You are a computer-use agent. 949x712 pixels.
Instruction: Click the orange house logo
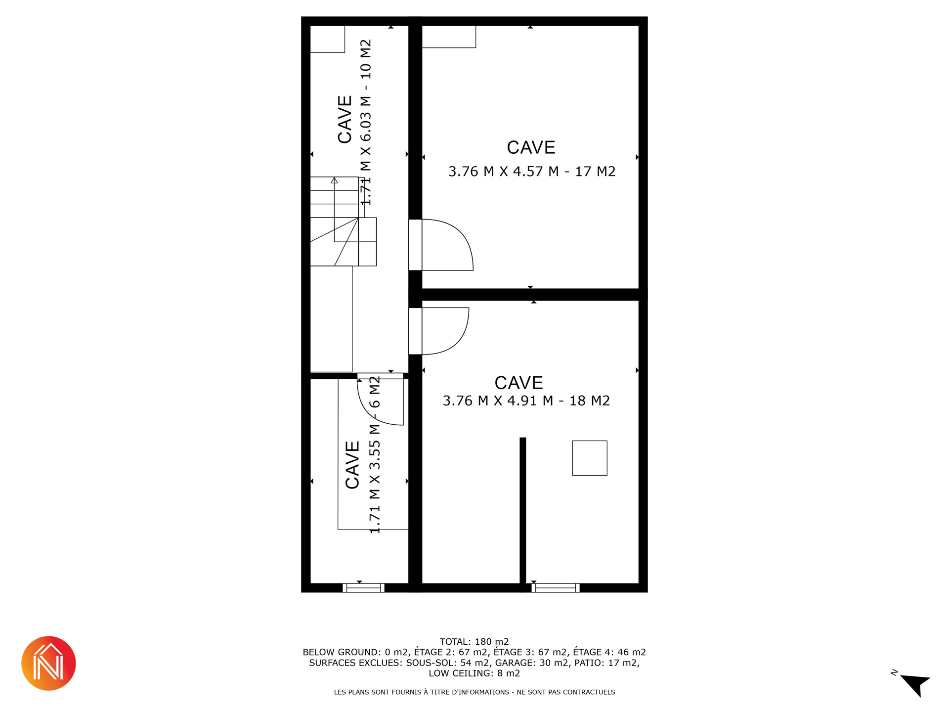tap(48, 663)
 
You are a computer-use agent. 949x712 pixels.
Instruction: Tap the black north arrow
tap(916, 683)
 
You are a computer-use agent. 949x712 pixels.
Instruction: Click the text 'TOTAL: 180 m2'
tap(474, 642)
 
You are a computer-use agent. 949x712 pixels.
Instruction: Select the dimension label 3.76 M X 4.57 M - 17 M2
tap(532, 172)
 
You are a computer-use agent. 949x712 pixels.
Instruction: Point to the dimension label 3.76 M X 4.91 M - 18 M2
tap(526, 400)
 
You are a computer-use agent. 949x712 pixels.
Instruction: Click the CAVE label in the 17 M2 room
tap(531, 147)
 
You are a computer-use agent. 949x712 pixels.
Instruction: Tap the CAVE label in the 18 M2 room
tap(519, 383)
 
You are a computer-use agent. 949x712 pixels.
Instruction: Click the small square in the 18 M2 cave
tap(590, 458)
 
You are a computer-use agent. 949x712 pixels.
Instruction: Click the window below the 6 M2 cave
tap(363, 588)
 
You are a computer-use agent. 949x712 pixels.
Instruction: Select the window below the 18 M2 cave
tap(556, 588)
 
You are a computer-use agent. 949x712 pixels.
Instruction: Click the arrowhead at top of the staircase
tap(335, 180)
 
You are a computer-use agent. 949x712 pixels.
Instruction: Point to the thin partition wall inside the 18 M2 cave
tap(523, 510)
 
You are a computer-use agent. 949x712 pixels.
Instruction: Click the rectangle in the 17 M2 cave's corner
tap(449, 37)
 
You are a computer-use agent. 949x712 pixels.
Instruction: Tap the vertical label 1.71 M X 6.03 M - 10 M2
tap(365, 122)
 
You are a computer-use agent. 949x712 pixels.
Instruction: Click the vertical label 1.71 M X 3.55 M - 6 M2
tap(375, 455)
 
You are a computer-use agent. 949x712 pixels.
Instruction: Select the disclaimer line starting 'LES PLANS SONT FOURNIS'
tap(474, 692)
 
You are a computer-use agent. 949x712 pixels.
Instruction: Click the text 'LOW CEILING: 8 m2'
tap(474, 673)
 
